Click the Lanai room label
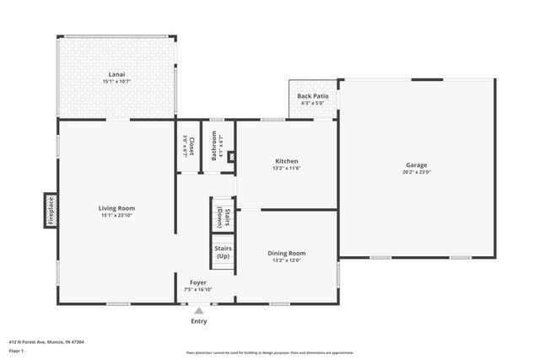[116, 74]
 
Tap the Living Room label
[116, 207]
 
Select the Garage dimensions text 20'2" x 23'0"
[416, 172]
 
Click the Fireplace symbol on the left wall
[50, 210]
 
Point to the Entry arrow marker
[198, 309]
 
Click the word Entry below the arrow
[198, 320]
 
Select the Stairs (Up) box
[223, 251]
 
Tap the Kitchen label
[287, 161]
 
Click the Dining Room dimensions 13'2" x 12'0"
[287, 260]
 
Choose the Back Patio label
[312, 96]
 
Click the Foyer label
[197, 282]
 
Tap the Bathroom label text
[216, 145]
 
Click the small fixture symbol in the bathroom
[230, 156]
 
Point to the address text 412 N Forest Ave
[46, 341]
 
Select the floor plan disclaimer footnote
[269, 352]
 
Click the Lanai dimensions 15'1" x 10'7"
[116, 82]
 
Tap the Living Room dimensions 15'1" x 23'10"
[116, 215]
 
